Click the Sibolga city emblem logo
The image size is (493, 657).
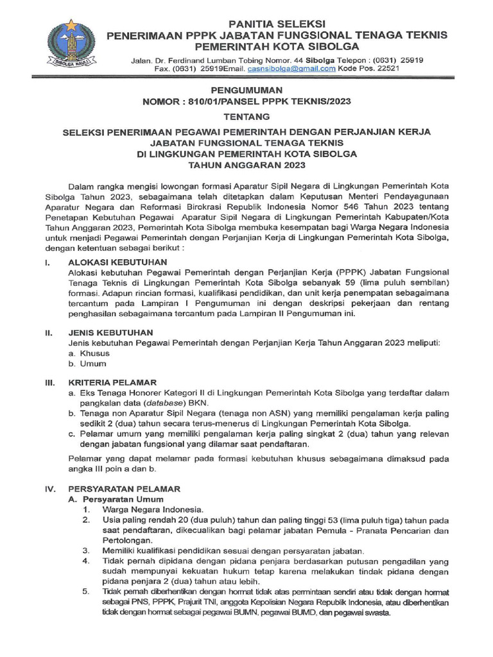[x=71, y=44]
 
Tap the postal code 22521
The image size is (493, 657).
[x=387, y=69]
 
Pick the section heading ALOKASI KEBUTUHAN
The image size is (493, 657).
[x=117, y=262]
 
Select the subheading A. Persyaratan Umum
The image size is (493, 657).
[x=116, y=499]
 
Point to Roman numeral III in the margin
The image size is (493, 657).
[x=48, y=382]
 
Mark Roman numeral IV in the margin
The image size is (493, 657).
[x=49, y=488]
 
